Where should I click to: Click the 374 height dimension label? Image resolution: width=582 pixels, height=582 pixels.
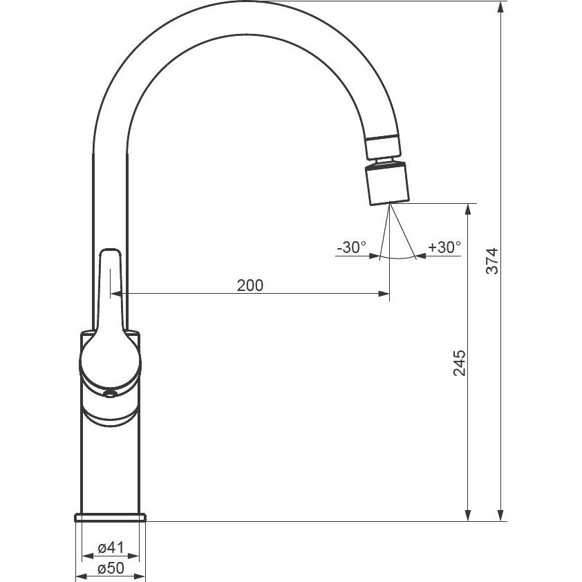tap(492, 261)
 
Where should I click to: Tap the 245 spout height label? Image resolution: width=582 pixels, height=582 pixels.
tap(460, 363)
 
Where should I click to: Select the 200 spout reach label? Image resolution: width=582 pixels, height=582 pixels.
tap(250, 285)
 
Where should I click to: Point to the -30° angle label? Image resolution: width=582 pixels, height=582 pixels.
tap(352, 247)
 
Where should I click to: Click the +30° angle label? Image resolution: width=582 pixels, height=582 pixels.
tap(444, 247)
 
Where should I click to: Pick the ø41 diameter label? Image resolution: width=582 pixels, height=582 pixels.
tap(111, 547)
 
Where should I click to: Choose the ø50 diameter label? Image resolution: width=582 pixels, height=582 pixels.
tap(111, 568)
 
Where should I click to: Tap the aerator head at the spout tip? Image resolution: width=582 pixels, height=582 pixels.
tap(388, 183)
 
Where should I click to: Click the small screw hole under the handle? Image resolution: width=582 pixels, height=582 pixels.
tap(110, 394)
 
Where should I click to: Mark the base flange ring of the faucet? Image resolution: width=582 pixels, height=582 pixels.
tap(110, 518)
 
